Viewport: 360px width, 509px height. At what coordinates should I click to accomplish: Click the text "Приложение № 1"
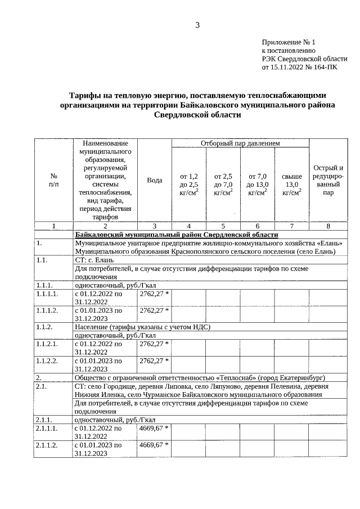[x=289, y=42]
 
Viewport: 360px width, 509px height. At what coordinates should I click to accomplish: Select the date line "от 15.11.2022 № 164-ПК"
[x=300, y=66]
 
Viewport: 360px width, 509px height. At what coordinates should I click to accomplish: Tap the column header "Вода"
[x=154, y=180]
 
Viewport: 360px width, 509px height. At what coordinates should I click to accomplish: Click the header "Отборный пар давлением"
[x=240, y=143]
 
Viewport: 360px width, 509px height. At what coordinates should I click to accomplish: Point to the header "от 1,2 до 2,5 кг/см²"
[x=189, y=184]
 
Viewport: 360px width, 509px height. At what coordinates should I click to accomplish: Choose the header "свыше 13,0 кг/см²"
[x=291, y=184]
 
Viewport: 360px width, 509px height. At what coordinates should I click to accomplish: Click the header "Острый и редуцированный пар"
[x=328, y=180]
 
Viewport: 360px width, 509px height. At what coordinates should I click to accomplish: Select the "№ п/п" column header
[x=53, y=180]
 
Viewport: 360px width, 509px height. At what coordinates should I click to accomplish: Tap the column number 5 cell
[x=223, y=226]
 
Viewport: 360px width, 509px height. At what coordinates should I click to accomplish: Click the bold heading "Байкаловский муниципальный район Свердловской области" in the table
[x=176, y=235]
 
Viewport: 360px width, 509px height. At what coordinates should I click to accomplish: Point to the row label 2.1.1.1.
[x=48, y=429]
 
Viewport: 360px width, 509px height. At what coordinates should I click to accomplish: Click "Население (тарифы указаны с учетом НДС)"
[x=142, y=327]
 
